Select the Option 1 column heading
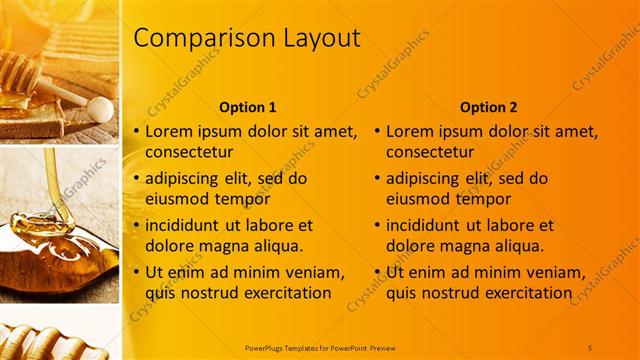(247, 107)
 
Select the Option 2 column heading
(488, 107)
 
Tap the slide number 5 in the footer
(590, 347)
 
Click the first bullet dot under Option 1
(138, 131)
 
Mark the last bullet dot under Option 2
(379, 273)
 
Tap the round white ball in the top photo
(99, 107)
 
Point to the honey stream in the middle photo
(50, 180)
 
